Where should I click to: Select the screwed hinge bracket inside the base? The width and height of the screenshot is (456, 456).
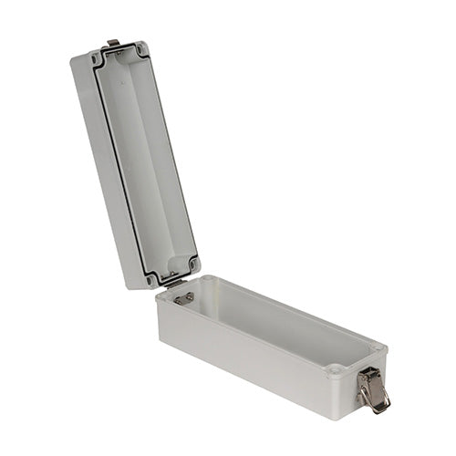pyautogui.click(x=182, y=298)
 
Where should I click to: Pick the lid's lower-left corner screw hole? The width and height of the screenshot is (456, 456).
pyautogui.click(x=151, y=279)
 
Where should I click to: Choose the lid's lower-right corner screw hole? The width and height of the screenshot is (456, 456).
pyautogui.click(x=192, y=265)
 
